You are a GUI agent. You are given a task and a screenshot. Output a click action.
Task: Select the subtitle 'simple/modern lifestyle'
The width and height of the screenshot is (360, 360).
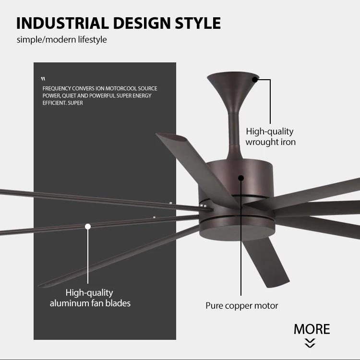[x=62, y=39]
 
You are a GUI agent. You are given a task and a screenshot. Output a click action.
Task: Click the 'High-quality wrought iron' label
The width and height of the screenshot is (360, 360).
[x=270, y=136]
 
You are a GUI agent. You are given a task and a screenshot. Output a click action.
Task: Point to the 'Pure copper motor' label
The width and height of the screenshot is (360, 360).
[x=241, y=306]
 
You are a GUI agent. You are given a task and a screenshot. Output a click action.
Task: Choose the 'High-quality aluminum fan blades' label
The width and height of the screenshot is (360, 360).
[x=90, y=298]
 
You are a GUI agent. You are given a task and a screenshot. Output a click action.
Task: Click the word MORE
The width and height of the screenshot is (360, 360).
[x=312, y=329]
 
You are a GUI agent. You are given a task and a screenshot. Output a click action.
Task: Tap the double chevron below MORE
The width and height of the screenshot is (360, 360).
[x=311, y=343]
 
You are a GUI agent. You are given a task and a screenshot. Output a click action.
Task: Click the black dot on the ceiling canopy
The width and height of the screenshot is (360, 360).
[x=255, y=80]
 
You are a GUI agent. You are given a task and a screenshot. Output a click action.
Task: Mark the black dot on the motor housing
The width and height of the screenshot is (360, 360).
[x=241, y=178]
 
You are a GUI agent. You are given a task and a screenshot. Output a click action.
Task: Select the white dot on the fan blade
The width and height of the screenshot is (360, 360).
[x=88, y=226]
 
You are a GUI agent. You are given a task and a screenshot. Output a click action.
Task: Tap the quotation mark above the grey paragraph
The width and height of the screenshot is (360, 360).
[x=43, y=79]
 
